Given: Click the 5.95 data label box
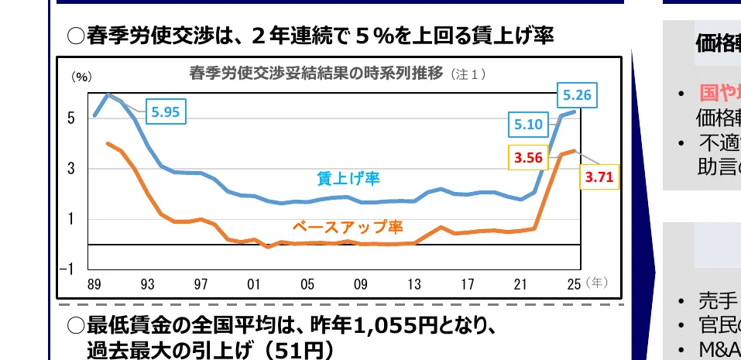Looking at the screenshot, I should point(166,111).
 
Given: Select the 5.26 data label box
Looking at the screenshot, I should point(578,96).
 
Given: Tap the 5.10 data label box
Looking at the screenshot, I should point(528,123).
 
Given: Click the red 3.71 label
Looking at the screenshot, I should point(599,177).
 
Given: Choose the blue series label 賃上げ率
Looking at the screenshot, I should point(348,178).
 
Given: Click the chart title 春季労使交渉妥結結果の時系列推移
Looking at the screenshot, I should point(316,74).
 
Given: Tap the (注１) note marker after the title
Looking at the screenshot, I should point(468,74).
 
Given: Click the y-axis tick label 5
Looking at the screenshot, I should point(71,118).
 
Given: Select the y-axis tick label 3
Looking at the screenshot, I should point(71,169).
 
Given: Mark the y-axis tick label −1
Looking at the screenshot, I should point(69,269).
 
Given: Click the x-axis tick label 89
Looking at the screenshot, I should point(94,284).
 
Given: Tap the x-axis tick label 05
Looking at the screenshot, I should point(307,284).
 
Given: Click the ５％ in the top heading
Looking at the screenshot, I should point(377,36).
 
